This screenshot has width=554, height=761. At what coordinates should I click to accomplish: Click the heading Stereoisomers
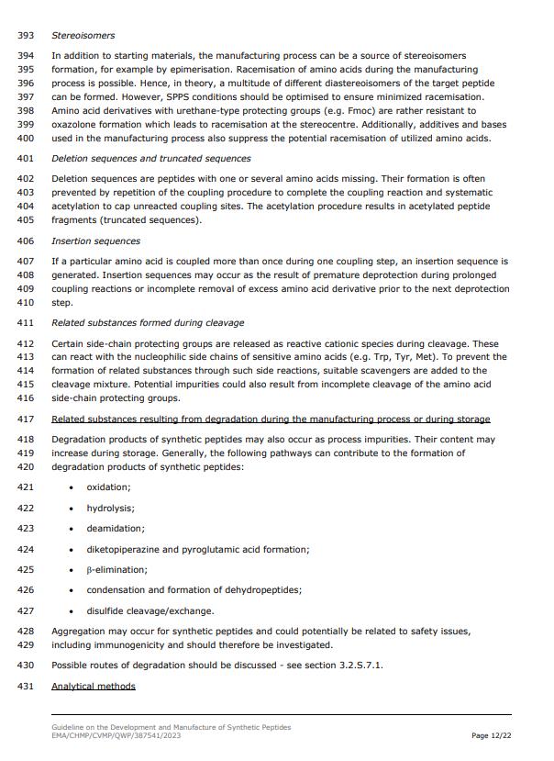83,36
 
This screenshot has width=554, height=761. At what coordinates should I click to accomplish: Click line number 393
26,36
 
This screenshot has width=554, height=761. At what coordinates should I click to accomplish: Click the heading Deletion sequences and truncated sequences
150,159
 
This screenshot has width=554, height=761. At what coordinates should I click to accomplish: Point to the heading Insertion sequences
95,241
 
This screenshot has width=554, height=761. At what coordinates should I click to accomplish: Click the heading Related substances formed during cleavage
148,323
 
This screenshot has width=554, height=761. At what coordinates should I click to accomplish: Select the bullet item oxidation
108,487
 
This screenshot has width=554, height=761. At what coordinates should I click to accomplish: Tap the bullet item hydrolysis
110,509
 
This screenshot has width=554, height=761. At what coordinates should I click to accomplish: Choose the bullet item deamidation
115,529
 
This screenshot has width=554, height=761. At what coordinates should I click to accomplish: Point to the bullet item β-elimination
116,570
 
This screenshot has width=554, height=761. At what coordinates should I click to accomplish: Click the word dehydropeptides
259,590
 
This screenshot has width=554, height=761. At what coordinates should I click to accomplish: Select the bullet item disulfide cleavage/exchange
150,611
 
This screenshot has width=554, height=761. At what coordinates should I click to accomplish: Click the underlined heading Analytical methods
93,687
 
